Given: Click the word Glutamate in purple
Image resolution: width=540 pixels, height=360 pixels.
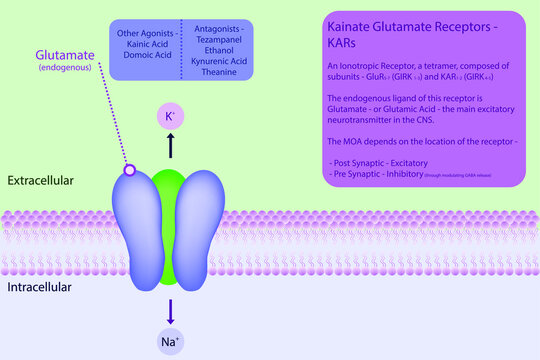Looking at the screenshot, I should pos(65,54).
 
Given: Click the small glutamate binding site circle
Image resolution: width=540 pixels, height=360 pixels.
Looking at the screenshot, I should pos(129,172).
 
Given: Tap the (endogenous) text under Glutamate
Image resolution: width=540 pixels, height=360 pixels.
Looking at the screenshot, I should pos(65,69).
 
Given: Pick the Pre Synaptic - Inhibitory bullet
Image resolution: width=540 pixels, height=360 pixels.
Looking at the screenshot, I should pos(382,174).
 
